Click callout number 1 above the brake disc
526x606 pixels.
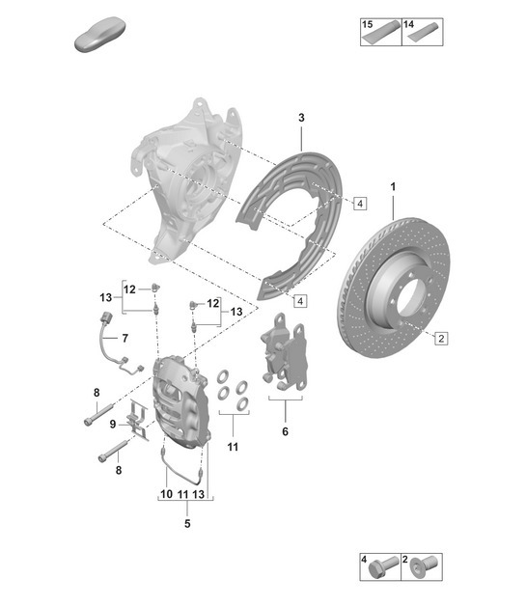[x=394, y=185]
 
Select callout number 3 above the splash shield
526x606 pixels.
[x=301, y=117]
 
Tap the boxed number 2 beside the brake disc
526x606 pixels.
[x=440, y=338]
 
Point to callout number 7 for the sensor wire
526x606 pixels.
[x=124, y=338]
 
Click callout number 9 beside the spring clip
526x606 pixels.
[x=113, y=424]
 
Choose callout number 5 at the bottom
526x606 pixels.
[x=187, y=524]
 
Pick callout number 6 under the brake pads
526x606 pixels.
[x=284, y=433]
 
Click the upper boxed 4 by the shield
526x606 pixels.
[x=359, y=204]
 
